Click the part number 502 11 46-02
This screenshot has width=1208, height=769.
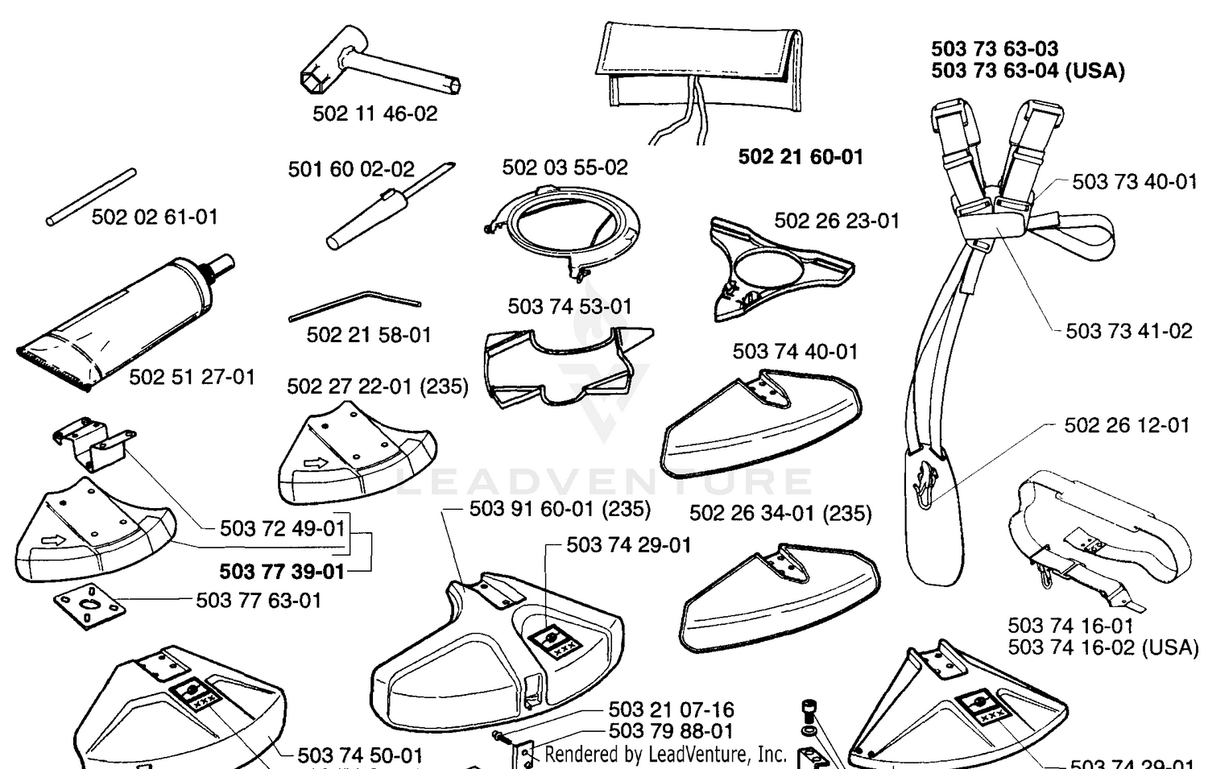[374, 114]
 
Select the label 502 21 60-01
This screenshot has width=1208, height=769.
[801, 157]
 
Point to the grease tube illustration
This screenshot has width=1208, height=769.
[126, 321]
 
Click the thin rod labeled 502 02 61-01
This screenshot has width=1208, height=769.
[91, 197]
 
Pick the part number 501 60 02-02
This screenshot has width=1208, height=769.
[351, 169]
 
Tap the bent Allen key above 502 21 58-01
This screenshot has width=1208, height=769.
[355, 305]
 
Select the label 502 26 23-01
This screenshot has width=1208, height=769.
[837, 221]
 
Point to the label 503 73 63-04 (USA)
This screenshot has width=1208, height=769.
[1028, 71]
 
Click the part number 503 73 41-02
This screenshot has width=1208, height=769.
[1129, 331]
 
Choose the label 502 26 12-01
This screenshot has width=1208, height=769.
[1127, 425]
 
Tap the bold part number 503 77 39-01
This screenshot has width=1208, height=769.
[282, 572]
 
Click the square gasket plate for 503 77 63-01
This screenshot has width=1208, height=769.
[89, 606]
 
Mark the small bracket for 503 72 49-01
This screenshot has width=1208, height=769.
[94, 443]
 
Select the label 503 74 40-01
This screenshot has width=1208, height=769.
[795, 352]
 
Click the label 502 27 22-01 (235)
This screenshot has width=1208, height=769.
[378, 387]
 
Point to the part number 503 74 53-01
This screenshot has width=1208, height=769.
[569, 306]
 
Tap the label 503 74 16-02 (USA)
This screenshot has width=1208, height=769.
[1103, 647]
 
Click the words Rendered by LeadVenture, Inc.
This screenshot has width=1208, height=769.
[665, 755]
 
